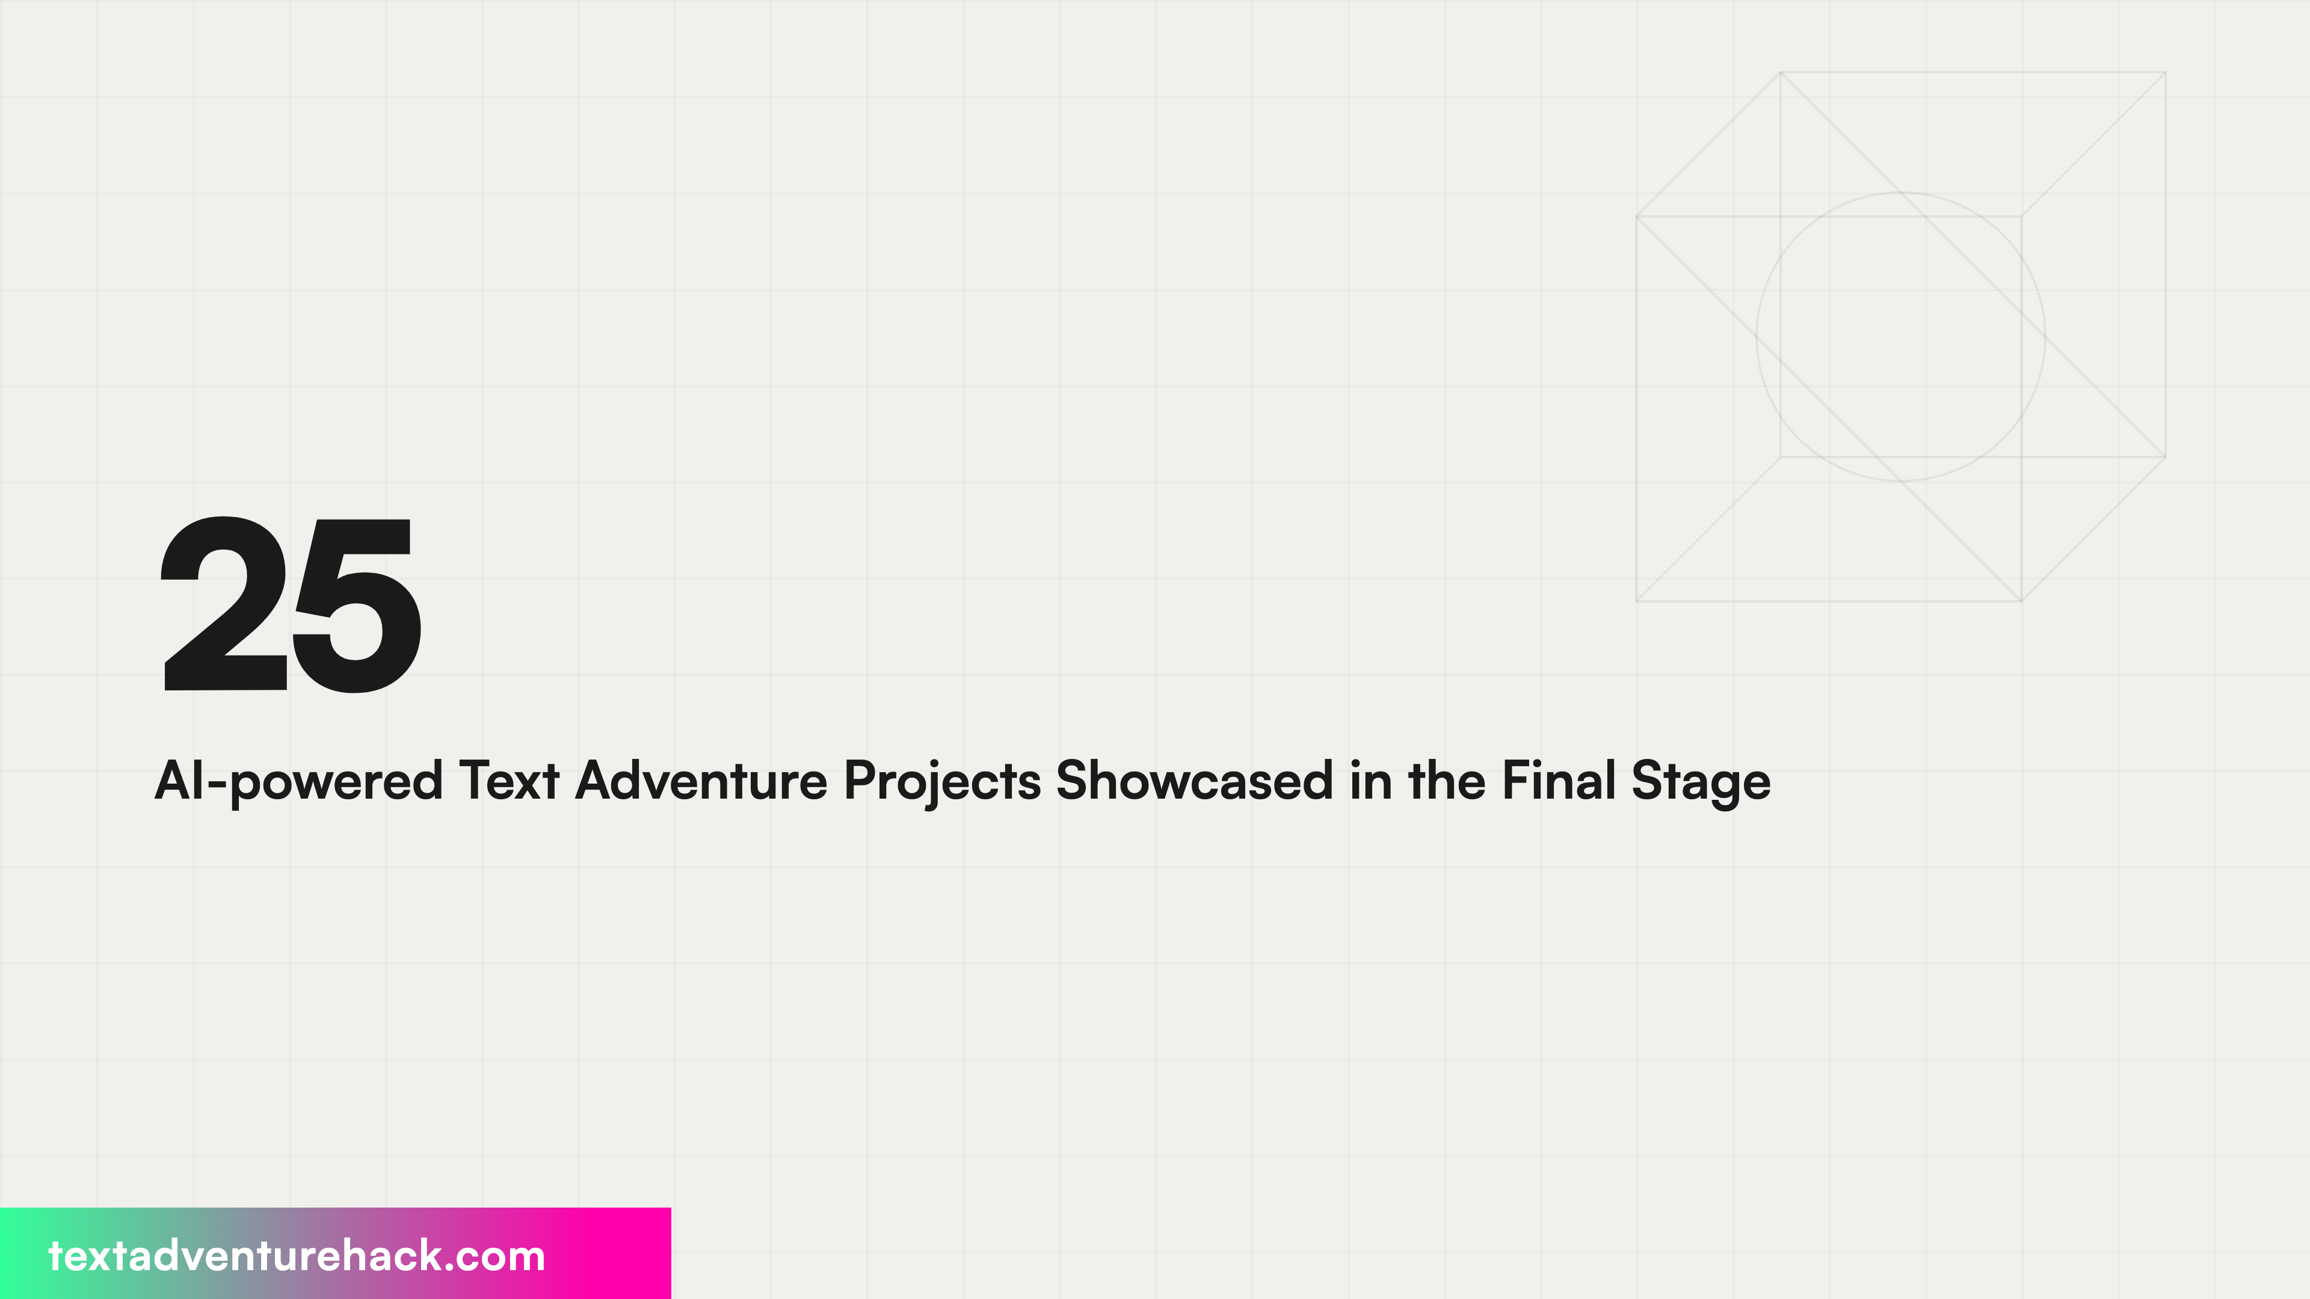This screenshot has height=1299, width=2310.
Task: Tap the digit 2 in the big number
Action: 225,605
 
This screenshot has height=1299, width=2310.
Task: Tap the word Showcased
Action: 1195,780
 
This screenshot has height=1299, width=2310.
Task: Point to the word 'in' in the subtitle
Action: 1370,780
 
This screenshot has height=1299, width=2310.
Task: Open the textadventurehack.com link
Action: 296,1256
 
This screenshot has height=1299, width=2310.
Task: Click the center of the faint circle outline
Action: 1900,337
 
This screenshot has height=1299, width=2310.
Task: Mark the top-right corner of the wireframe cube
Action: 2165,73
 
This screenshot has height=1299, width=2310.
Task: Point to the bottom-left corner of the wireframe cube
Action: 1636,601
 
